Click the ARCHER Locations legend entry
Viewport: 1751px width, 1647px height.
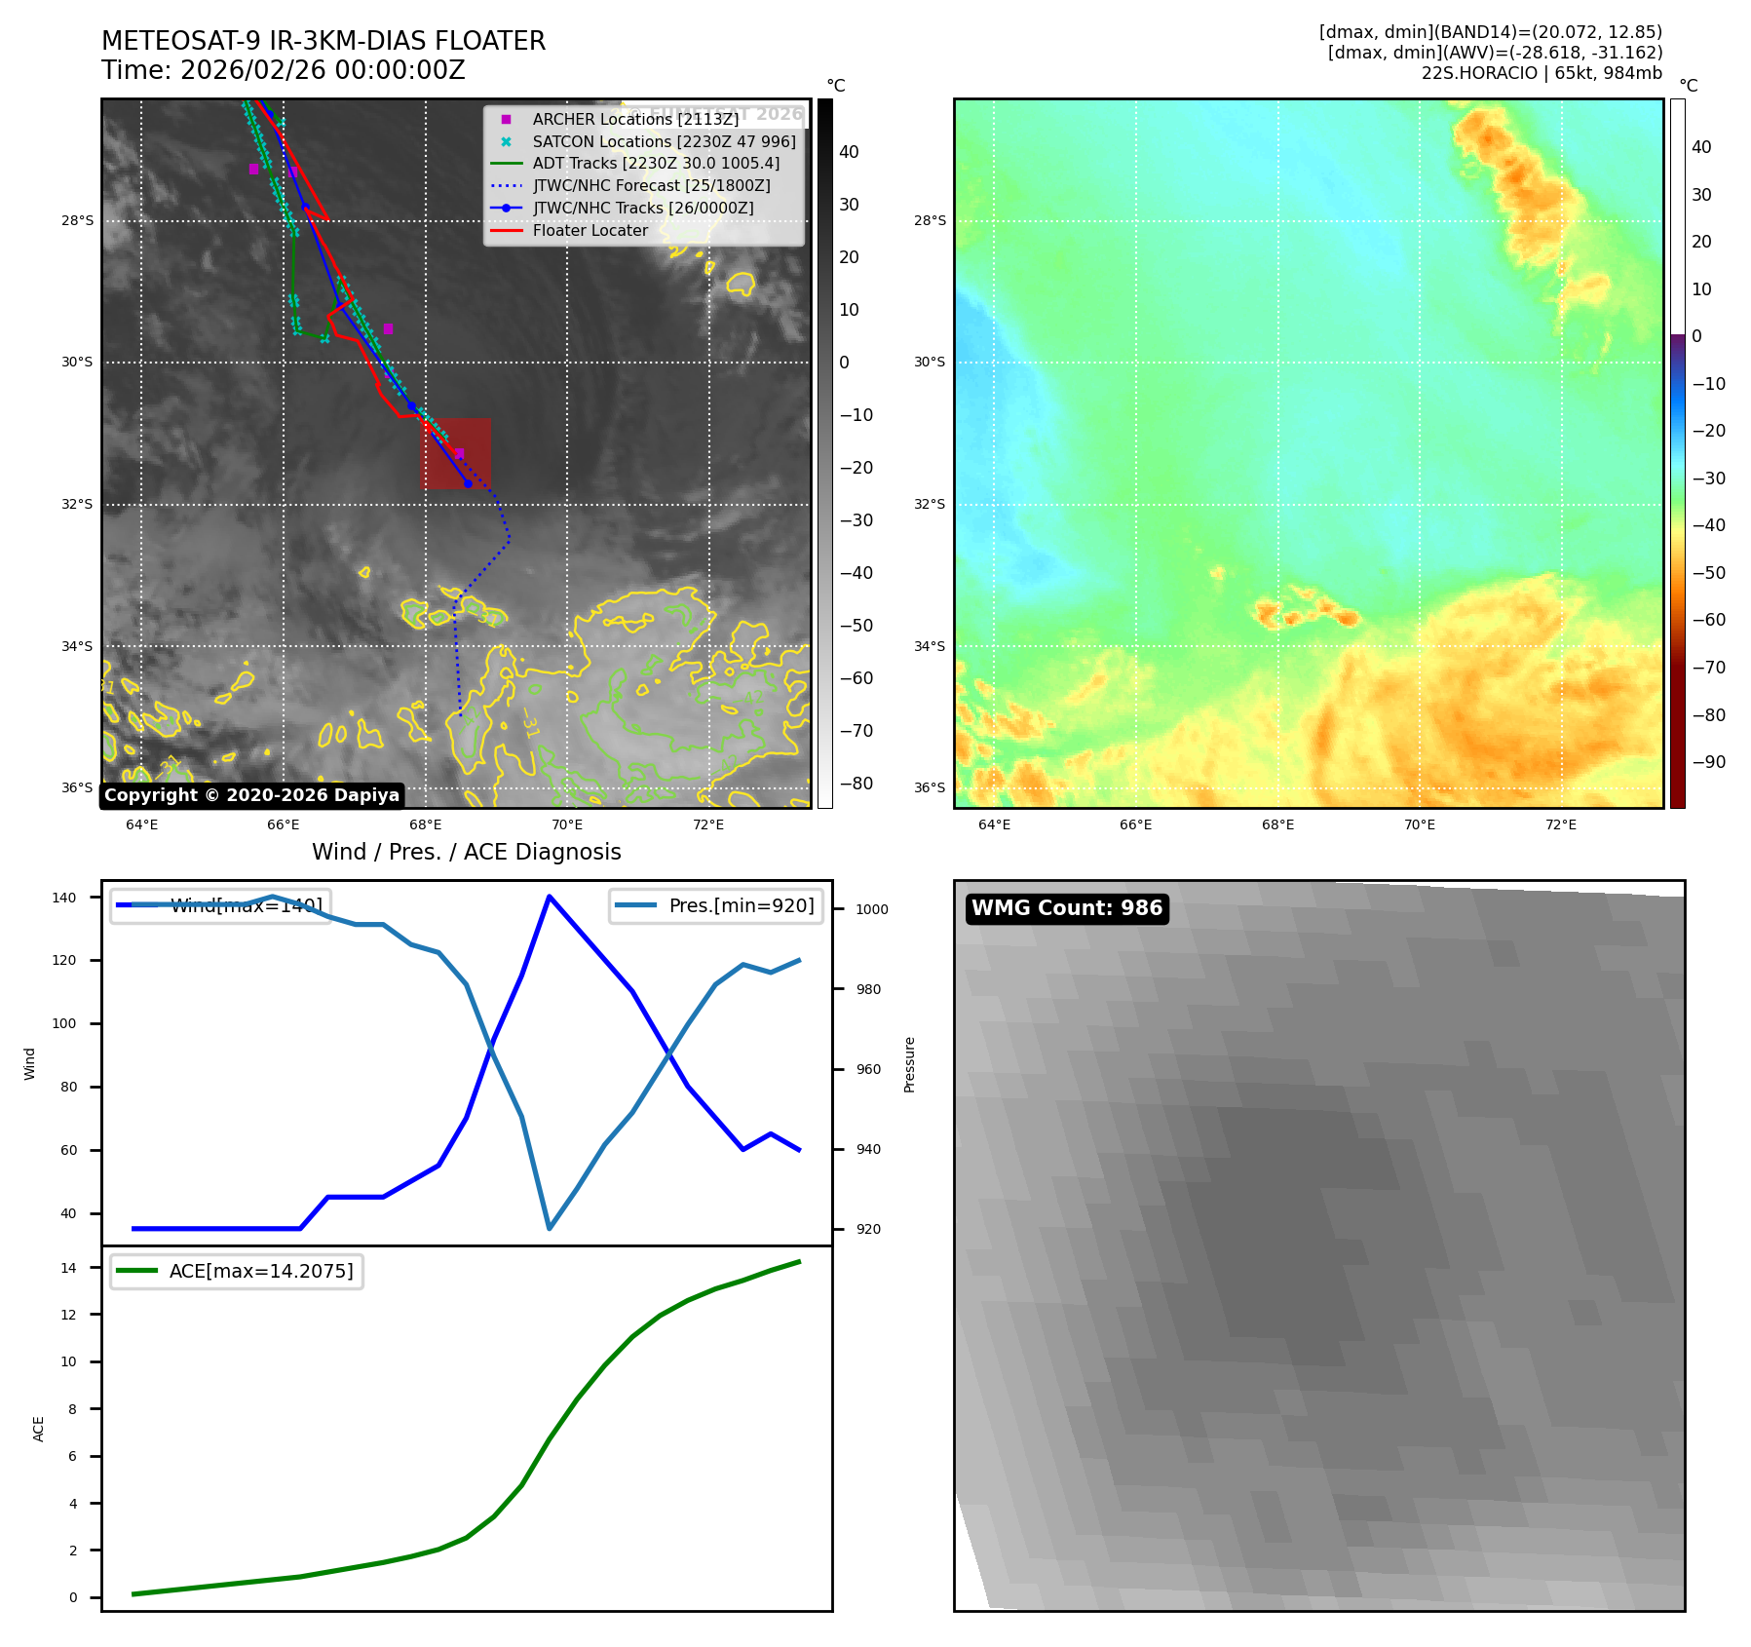point(634,119)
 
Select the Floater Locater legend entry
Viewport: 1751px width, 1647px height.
point(590,231)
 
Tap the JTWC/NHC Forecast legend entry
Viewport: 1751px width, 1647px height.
point(651,186)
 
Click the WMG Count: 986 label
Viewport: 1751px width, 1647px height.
point(1067,908)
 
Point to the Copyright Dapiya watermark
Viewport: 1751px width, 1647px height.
point(251,795)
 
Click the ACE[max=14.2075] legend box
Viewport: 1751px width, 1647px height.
point(237,1272)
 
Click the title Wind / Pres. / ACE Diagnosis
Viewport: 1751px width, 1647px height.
point(466,852)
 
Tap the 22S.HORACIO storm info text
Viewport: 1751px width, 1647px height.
point(1541,73)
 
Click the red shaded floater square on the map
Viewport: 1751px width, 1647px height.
point(455,454)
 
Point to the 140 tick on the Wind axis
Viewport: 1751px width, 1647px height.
point(64,898)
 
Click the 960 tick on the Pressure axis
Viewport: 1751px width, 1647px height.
point(868,1069)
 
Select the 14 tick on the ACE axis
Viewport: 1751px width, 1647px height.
point(69,1268)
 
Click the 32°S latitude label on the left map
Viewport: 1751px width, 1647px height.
point(78,505)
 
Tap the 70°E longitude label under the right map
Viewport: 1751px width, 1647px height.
point(1419,824)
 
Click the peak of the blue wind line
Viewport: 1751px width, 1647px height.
point(550,897)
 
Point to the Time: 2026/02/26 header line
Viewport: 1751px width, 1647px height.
point(284,70)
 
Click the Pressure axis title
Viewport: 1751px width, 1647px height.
point(909,1064)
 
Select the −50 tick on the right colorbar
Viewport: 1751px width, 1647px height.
point(1708,573)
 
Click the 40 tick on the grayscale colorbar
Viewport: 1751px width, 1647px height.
point(849,152)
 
